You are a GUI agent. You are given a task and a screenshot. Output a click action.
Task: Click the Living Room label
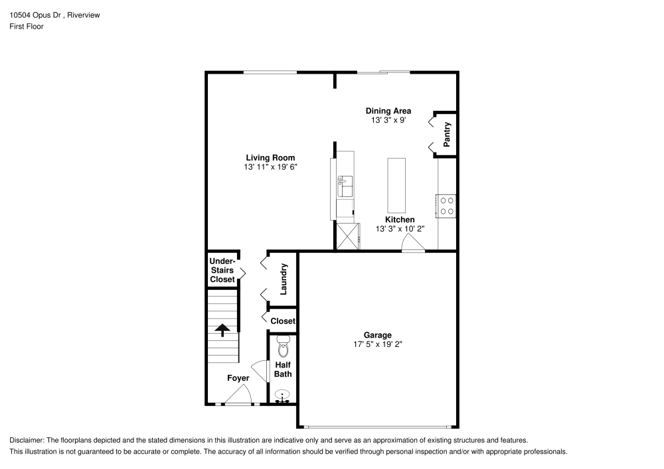click(270, 157)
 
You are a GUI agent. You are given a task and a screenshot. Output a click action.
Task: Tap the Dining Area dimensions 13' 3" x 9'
click(388, 121)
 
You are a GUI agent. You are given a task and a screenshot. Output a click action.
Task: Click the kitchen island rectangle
click(396, 183)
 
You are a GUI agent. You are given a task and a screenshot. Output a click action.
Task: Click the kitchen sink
click(345, 186)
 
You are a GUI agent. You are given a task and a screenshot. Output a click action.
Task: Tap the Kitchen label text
click(400, 220)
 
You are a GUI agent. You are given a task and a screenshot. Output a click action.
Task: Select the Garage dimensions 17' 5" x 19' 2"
click(378, 344)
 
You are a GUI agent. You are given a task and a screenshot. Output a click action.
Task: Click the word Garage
click(377, 335)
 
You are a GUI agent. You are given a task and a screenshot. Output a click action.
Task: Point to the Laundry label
click(284, 279)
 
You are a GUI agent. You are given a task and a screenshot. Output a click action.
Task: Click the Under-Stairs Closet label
click(222, 270)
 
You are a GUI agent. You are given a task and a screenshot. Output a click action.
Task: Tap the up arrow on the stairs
click(222, 330)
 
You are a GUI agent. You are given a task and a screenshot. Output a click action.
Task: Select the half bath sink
click(283, 395)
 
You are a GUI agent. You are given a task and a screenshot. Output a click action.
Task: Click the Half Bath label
click(283, 369)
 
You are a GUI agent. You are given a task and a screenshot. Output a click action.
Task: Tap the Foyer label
click(238, 378)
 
